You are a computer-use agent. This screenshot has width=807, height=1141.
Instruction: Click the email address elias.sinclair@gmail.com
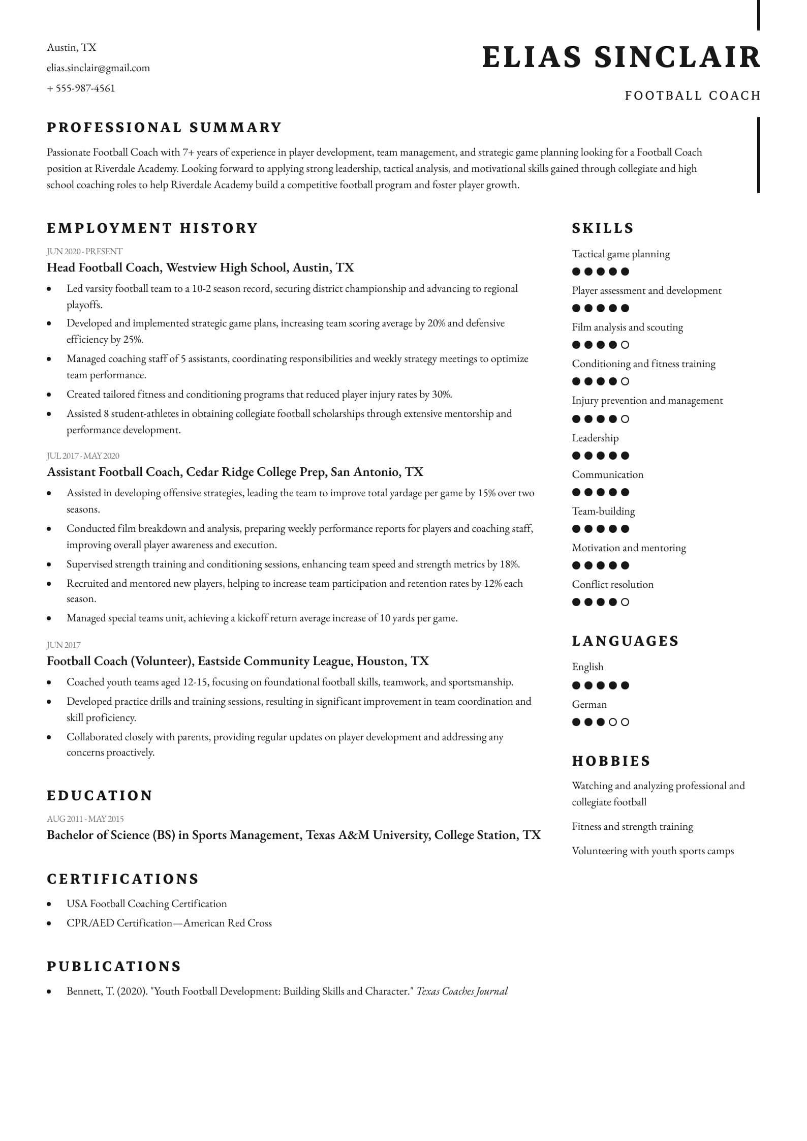[x=98, y=68]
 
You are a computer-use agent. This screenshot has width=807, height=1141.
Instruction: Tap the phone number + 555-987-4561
[x=81, y=88]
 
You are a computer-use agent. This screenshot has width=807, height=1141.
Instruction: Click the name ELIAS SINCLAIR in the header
[x=621, y=57]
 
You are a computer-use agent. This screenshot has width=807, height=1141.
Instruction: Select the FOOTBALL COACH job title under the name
[x=692, y=96]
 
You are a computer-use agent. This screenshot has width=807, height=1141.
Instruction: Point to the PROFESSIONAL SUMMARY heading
[x=164, y=127]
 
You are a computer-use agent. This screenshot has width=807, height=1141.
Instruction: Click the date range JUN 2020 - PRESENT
[x=84, y=251]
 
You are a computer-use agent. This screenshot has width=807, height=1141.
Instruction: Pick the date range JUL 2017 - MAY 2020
[x=83, y=456]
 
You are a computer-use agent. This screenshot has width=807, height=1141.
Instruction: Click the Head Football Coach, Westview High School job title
[x=200, y=267]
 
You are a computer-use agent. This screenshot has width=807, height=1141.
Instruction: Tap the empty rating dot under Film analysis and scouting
[x=625, y=345]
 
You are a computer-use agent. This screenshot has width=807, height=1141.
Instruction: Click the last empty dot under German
[x=625, y=722]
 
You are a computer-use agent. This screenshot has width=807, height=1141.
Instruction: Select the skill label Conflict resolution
[x=612, y=585]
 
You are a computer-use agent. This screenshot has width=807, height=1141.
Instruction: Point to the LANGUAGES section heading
[x=625, y=641]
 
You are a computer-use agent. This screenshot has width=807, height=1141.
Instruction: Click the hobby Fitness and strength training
[x=632, y=827]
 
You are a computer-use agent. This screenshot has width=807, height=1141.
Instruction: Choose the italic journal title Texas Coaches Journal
[x=462, y=992]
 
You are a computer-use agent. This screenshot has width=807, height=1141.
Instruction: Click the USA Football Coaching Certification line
[x=146, y=904]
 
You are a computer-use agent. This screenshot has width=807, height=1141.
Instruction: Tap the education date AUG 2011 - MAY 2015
[x=85, y=819]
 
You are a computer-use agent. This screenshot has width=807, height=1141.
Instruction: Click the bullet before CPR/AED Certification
[x=49, y=923]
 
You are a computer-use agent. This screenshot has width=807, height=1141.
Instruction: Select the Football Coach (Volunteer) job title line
[x=237, y=661]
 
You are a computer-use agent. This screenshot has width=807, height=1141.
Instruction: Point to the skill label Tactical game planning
[x=620, y=254]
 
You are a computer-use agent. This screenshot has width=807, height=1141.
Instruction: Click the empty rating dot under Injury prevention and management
[x=625, y=419]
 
